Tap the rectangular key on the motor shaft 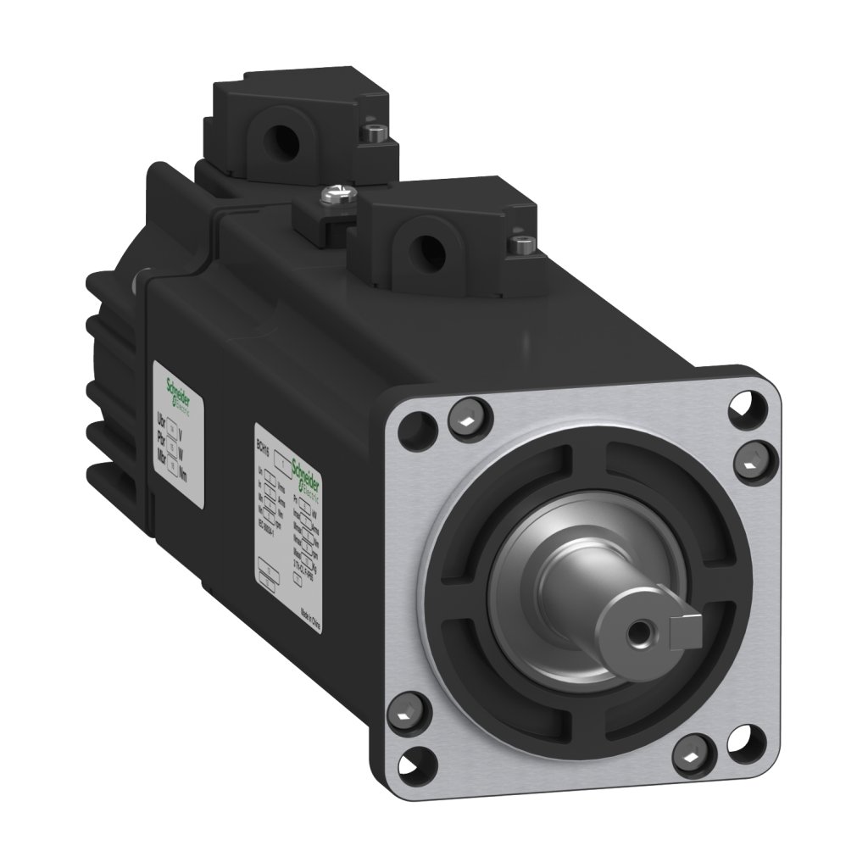pyautogui.click(x=683, y=628)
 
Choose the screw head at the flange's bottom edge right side pyautogui.click(x=691, y=752)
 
